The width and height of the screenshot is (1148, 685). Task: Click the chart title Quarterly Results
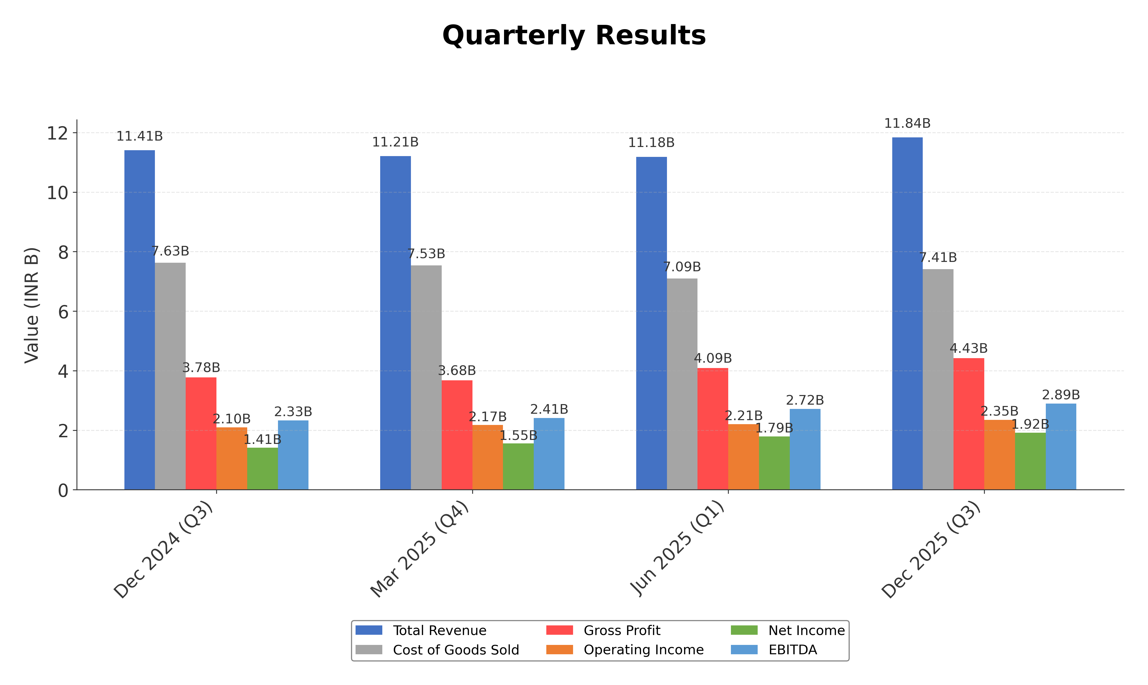(574, 36)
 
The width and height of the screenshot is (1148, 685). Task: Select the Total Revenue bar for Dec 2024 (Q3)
(139, 320)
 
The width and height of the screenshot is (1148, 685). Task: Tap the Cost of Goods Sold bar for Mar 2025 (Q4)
(426, 378)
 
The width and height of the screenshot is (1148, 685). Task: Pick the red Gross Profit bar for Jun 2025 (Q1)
(712, 429)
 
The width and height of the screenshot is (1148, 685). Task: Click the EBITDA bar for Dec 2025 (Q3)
(1061, 447)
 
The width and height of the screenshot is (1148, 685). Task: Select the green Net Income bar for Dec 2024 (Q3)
(262, 469)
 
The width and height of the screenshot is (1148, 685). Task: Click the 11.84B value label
(907, 124)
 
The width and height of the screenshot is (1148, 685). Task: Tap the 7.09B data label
(682, 267)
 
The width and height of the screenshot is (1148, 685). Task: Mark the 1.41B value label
(262, 439)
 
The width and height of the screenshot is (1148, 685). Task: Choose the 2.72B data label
(805, 400)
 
